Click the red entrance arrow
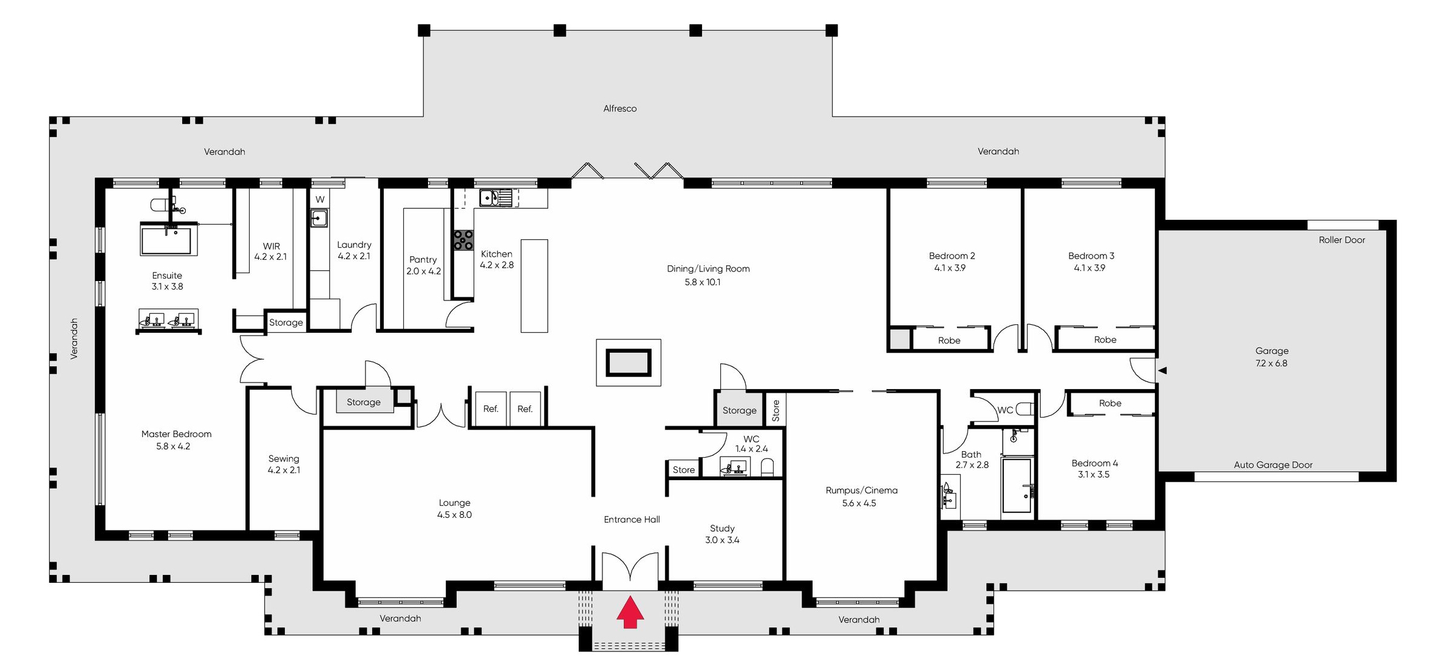click(630, 612)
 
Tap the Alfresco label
click(619, 109)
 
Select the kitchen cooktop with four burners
click(463, 240)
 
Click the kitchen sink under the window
click(489, 198)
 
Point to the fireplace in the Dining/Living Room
click(629, 362)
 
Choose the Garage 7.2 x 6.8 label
click(1271, 357)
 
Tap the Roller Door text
click(1341, 240)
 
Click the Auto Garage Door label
click(1273, 465)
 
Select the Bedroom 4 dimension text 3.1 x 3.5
click(1093, 475)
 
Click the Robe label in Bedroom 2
click(949, 341)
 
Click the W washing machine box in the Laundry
click(319, 199)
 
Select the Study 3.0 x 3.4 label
click(721, 534)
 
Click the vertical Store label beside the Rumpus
click(775, 410)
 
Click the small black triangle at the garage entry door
click(1162, 370)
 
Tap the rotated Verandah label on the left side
click(74, 339)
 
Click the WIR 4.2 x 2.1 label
click(271, 251)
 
